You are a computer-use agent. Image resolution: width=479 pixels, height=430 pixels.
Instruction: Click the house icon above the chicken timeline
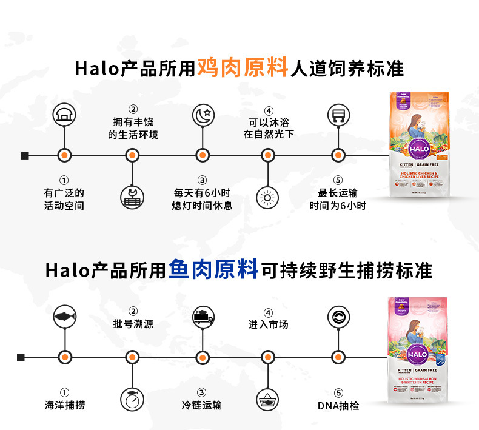click(64, 114)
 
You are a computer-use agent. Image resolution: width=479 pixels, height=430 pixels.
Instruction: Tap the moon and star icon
click(202, 114)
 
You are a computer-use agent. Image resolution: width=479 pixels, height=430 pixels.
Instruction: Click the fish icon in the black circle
click(64, 316)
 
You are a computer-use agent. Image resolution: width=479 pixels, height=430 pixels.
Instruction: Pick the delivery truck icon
click(202, 316)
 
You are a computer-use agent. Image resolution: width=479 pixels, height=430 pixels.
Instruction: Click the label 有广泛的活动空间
click(64, 200)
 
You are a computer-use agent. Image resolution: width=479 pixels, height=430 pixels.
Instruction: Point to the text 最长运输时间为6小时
click(338, 200)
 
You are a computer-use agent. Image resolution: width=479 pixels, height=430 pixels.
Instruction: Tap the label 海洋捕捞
click(64, 405)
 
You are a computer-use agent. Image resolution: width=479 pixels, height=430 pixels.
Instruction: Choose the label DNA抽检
click(338, 405)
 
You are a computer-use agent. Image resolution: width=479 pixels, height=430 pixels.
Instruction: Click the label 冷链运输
click(202, 405)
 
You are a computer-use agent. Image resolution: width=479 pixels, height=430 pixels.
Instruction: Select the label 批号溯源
click(133, 324)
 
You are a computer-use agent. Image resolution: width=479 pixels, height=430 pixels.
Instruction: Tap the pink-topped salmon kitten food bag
click(418, 350)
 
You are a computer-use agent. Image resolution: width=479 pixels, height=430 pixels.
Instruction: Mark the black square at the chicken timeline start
click(25, 156)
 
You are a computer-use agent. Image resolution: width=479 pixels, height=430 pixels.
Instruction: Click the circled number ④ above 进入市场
click(267, 313)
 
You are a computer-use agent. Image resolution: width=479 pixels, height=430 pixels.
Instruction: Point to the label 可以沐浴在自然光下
click(268, 128)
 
